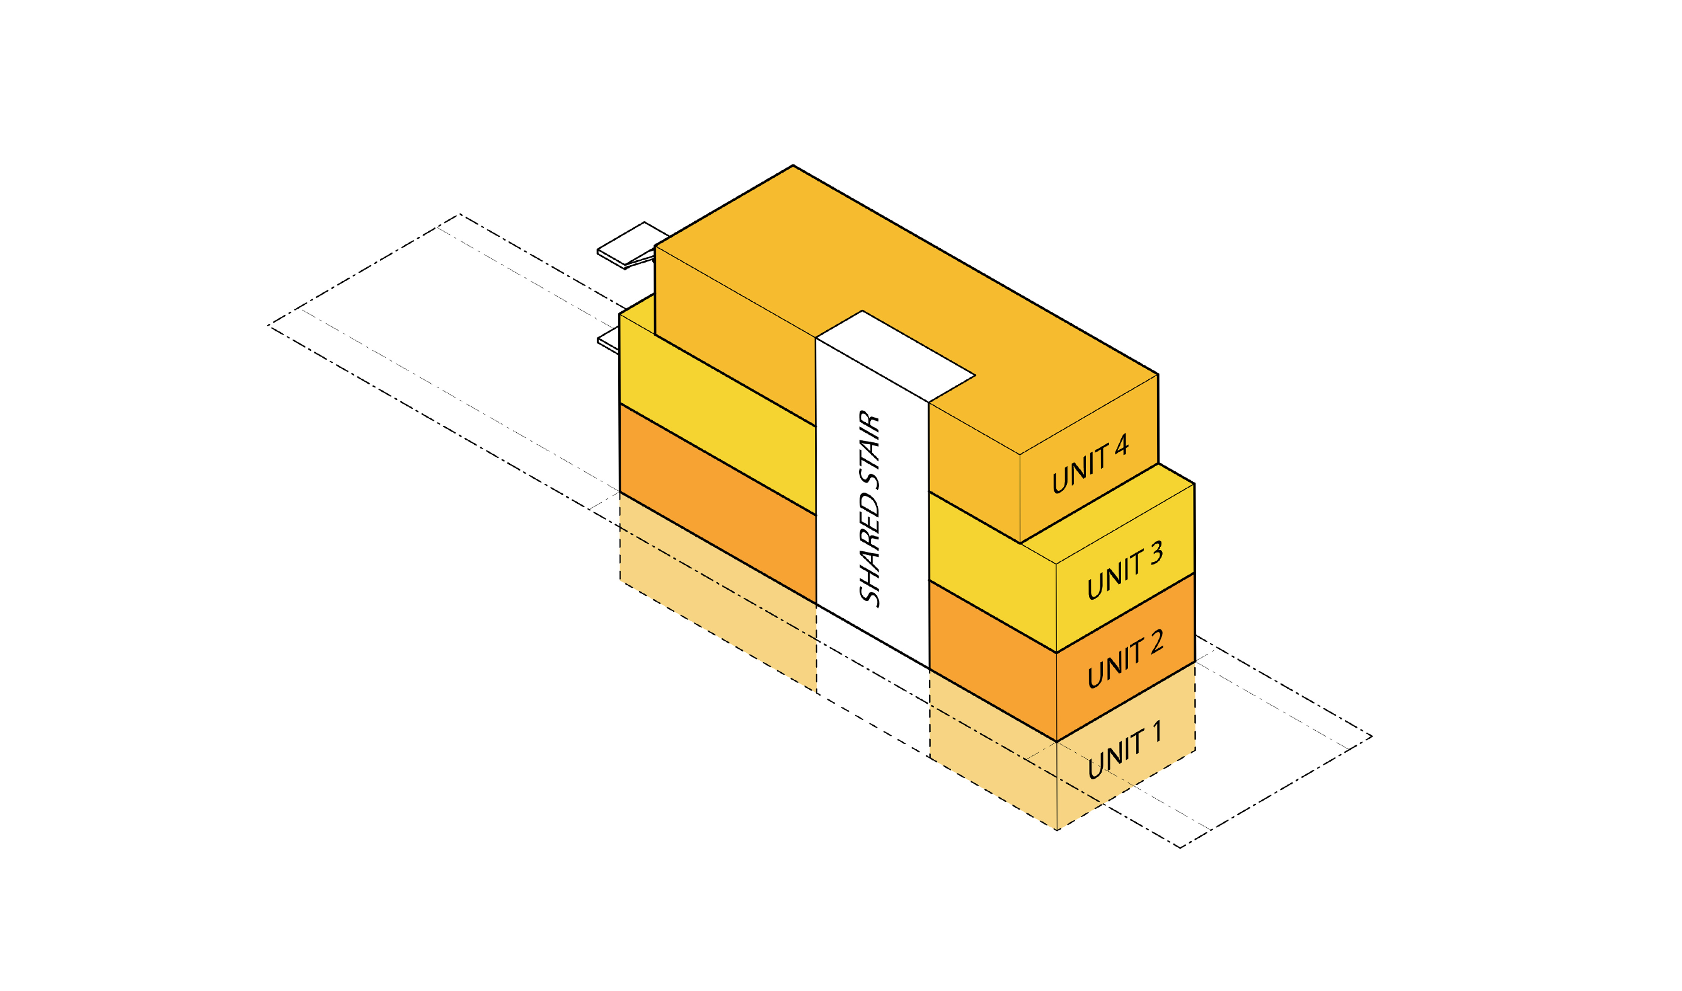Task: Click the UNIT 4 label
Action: pyautogui.click(x=1090, y=464)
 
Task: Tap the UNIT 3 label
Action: pyautogui.click(x=1126, y=570)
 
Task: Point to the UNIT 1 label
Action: pyautogui.click(x=1125, y=750)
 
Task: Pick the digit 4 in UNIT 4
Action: pyautogui.click(x=1121, y=445)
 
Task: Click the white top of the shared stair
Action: pyautogui.click(x=895, y=357)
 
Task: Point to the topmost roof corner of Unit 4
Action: pyautogui.click(x=793, y=165)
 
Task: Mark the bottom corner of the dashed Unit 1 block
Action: pyautogui.click(x=1057, y=830)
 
